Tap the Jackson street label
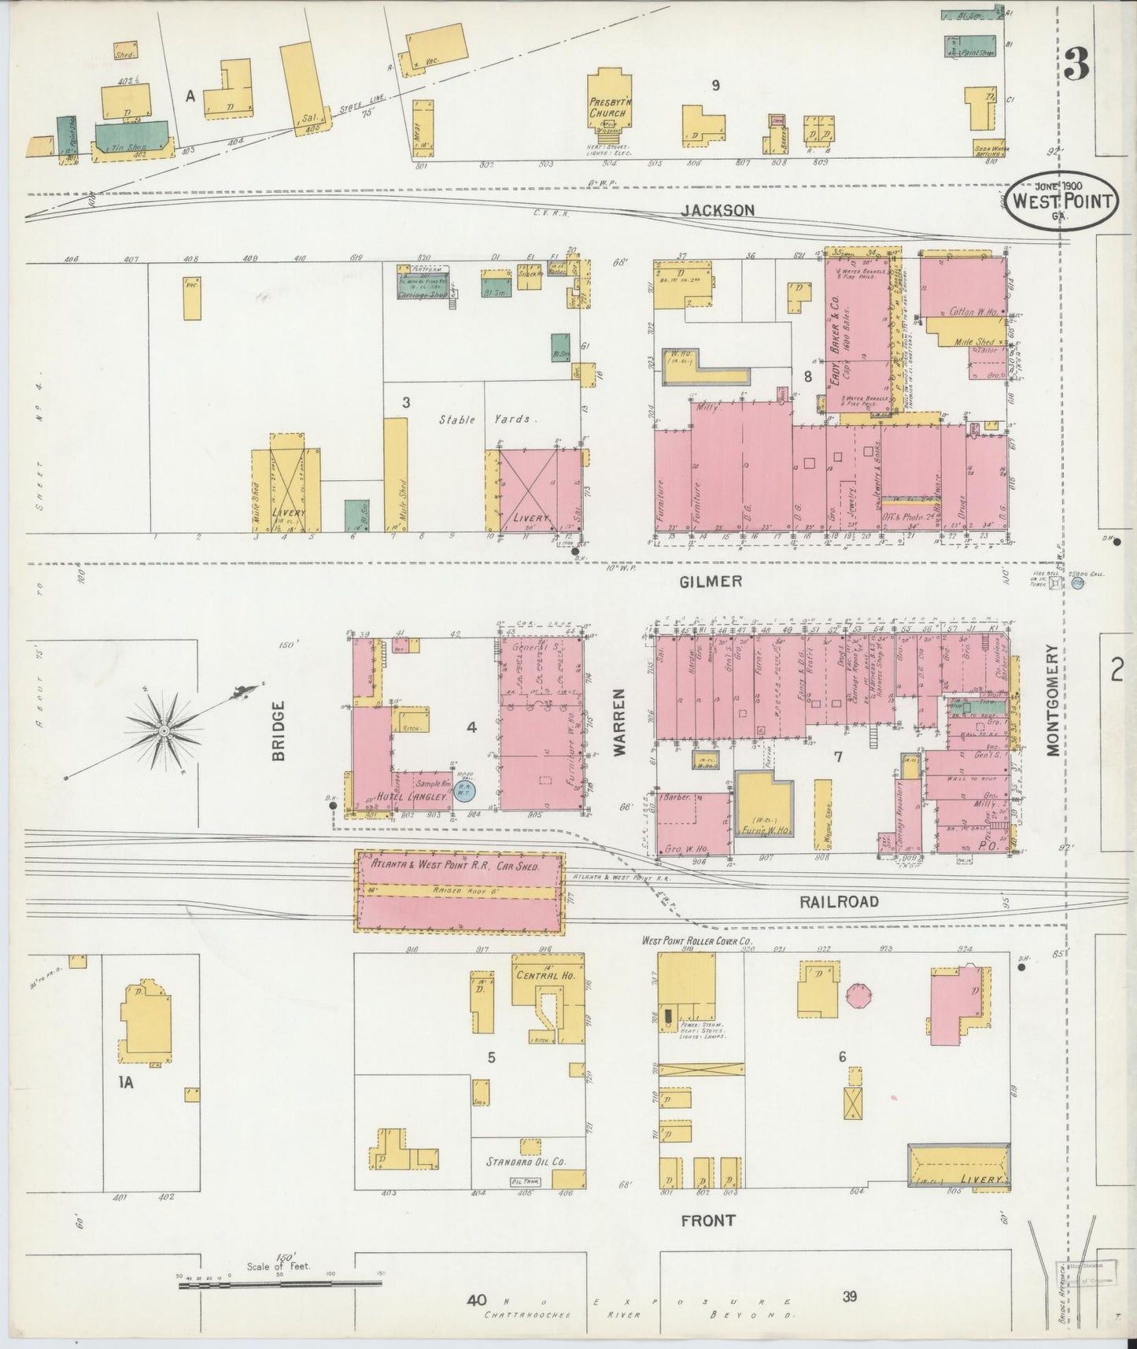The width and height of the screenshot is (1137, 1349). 717,210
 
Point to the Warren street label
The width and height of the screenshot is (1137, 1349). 619,722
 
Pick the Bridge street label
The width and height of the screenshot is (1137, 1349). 279,730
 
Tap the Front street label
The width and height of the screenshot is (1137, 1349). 707,1220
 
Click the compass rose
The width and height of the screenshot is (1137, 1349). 164,730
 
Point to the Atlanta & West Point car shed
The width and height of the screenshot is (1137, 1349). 459,891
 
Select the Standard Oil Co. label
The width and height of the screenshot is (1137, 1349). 526,1161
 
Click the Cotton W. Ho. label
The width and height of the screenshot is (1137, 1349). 973,312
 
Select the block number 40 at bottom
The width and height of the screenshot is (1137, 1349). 475,1299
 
